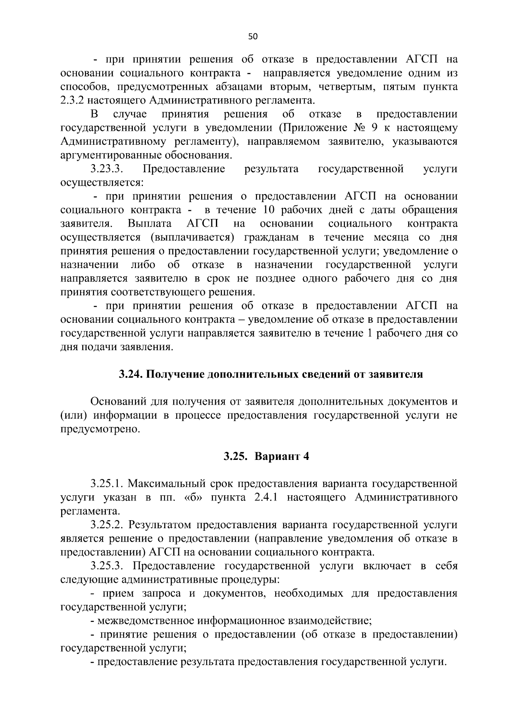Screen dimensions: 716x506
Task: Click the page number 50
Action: click(253, 37)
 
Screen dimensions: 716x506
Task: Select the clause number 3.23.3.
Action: click(107, 169)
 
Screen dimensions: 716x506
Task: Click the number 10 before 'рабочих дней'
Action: click(269, 210)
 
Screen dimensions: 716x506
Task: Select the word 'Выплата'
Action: click(150, 224)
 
